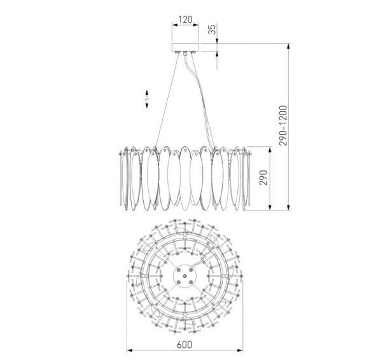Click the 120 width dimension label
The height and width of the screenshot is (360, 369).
pyautogui.click(x=185, y=20)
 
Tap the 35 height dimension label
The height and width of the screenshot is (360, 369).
pyautogui.click(x=212, y=29)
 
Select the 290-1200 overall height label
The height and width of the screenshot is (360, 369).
pyautogui.click(x=283, y=126)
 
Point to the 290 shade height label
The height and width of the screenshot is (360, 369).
pyautogui.click(x=263, y=177)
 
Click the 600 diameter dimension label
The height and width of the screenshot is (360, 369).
pyautogui.click(x=184, y=345)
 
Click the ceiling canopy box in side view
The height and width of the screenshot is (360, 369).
pyautogui.click(x=185, y=47)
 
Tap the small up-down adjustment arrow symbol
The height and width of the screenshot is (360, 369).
pyautogui.click(x=147, y=99)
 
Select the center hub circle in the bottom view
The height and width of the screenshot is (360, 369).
pyautogui.click(x=184, y=276)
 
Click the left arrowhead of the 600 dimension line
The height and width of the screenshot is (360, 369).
pyautogui.click(x=130, y=350)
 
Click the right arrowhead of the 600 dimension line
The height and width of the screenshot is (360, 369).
pyautogui.click(x=240, y=350)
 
